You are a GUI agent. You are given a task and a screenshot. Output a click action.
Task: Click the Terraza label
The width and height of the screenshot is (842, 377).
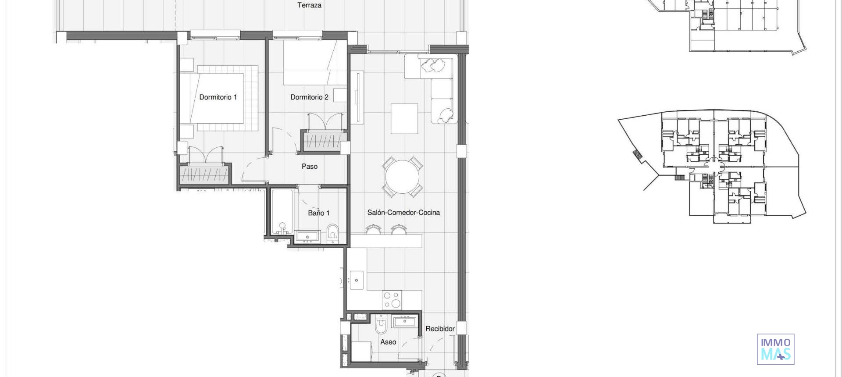(309, 5)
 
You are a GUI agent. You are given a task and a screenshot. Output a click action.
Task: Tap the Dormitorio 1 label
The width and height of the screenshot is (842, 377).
(218, 97)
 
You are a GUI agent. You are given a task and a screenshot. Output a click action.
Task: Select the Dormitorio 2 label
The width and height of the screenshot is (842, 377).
(309, 97)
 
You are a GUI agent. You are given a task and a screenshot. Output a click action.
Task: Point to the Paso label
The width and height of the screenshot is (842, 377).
(309, 167)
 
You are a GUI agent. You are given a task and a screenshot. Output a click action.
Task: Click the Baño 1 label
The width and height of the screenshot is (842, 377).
(318, 213)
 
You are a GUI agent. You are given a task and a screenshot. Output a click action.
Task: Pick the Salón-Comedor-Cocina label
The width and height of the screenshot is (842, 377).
(403, 213)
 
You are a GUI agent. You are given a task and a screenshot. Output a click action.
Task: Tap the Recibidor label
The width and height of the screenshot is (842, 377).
(440, 329)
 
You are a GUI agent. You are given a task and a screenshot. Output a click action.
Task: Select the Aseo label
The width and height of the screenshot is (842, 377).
(388, 342)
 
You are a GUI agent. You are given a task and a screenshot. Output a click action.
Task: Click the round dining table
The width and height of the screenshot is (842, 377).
(402, 177)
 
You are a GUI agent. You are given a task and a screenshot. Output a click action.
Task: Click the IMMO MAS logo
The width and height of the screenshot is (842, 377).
(775, 349)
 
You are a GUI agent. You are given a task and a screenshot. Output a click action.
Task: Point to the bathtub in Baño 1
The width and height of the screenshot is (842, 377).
(282, 212)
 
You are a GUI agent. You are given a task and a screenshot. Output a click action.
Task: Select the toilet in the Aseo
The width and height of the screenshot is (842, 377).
(381, 325)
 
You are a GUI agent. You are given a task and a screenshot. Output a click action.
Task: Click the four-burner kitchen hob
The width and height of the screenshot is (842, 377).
(392, 300)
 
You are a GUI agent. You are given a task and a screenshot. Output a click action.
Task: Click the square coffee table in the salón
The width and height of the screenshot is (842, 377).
(404, 118)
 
